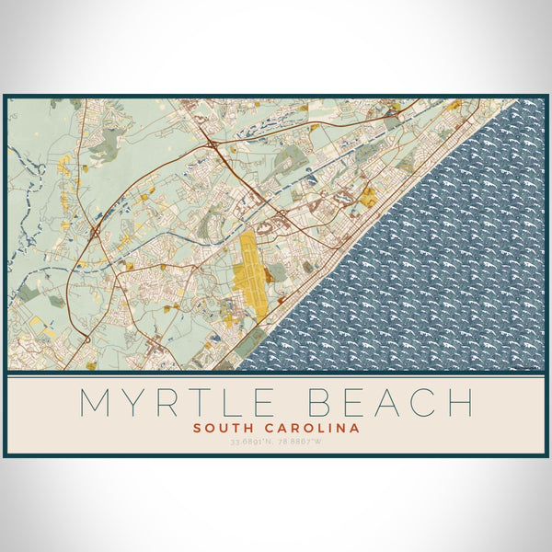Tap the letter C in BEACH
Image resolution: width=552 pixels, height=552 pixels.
point(424,403)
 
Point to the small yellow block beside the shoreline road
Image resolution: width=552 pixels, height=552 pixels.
point(368,197)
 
